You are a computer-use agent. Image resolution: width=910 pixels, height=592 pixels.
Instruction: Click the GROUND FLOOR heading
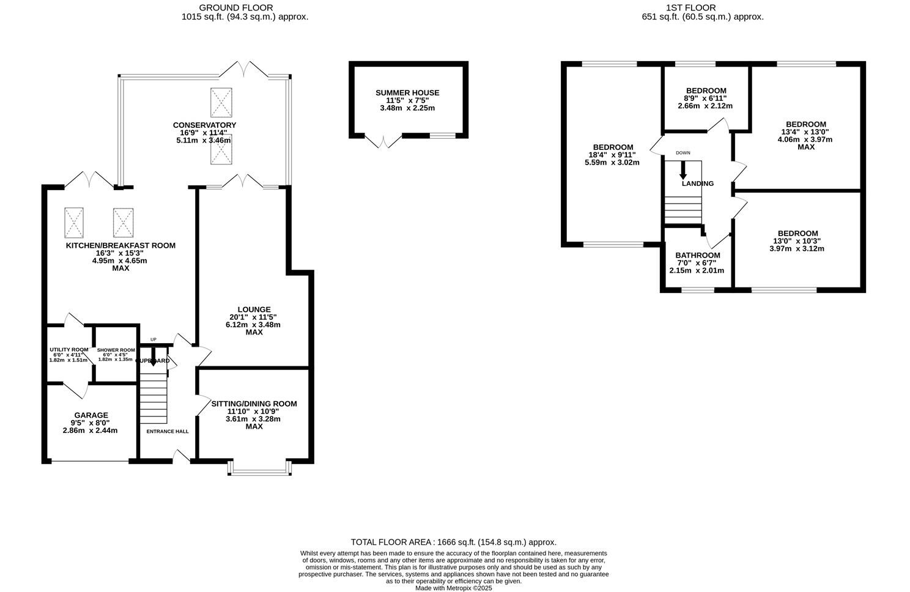pos(245,7)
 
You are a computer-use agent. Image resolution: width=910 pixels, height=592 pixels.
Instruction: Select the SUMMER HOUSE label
pos(407,93)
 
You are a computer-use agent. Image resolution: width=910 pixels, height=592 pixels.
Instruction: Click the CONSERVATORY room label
pos(204,125)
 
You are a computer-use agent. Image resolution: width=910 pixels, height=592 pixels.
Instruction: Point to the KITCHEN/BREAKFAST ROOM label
pos(120,246)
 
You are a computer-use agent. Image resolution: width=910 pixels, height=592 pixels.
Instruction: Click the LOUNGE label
pos(254,309)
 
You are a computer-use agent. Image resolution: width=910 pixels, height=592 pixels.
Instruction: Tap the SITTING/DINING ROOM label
pos(254,404)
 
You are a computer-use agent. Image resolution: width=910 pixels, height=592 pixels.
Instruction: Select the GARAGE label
pos(91,415)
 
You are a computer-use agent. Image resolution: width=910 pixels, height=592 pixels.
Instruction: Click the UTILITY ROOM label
pos(69,350)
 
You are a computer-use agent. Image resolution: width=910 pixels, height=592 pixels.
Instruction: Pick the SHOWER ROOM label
pos(116,350)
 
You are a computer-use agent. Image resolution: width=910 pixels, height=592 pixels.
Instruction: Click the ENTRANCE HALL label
pos(168,431)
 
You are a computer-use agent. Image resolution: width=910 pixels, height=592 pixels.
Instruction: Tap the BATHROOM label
pos(697,255)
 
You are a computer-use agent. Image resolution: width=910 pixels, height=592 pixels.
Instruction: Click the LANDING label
pos(698,183)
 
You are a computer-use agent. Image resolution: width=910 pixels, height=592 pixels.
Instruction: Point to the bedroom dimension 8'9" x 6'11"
pos(705,98)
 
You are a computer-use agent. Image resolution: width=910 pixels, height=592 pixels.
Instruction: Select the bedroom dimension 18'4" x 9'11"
pos(612,155)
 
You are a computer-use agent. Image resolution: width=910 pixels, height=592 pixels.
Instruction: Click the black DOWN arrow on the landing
pos(683,170)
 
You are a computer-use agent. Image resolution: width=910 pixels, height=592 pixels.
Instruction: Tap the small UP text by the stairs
pos(154,339)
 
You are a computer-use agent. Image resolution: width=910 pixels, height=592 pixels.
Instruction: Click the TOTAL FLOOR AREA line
pos(453,542)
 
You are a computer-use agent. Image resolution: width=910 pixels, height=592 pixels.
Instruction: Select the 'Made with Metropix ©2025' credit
pos(453,588)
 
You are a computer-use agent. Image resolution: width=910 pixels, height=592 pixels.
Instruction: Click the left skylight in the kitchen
pos(74,223)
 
